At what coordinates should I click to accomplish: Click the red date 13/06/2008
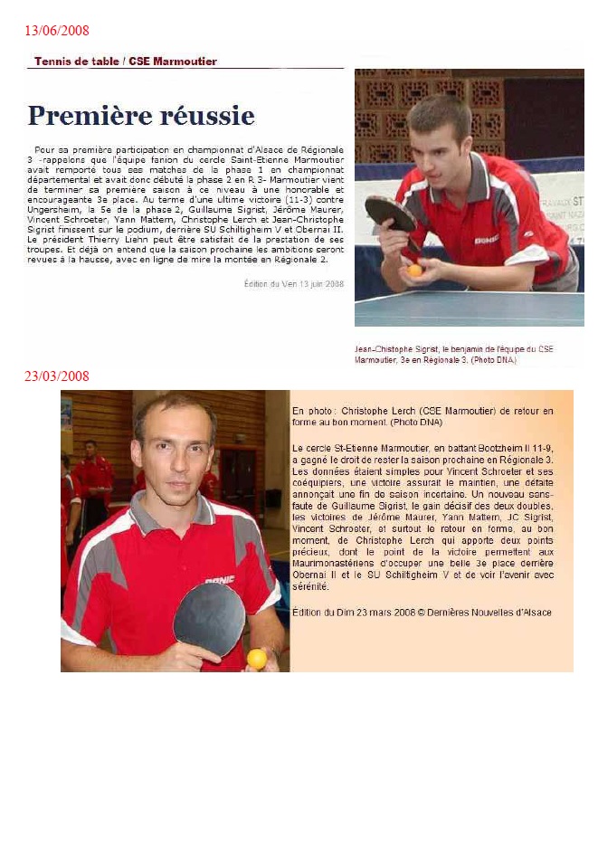(x=56, y=31)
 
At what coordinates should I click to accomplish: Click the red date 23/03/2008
(x=56, y=376)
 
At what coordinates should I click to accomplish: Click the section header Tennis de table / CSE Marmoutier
(x=125, y=62)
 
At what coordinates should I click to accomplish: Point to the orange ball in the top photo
(x=414, y=270)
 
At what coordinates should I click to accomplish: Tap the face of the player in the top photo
(x=440, y=137)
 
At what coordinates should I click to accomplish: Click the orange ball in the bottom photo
(x=257, y=658)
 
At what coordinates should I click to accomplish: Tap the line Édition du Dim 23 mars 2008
(x=422, y=613)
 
